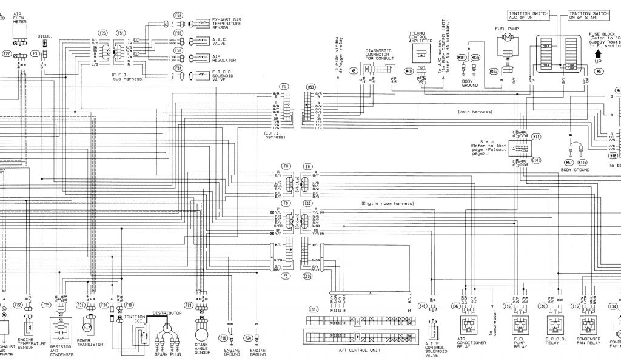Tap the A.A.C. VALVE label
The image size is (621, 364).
point(220,40)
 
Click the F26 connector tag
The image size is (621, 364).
point(103,32)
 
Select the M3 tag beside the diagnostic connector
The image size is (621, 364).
point(354,71)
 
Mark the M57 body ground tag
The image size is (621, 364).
point(569,163)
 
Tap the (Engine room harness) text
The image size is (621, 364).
point(384,204)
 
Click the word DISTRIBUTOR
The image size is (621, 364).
point(167,314)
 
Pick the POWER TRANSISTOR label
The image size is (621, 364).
point(90,342)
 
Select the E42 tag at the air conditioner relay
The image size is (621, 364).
point(457,306)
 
